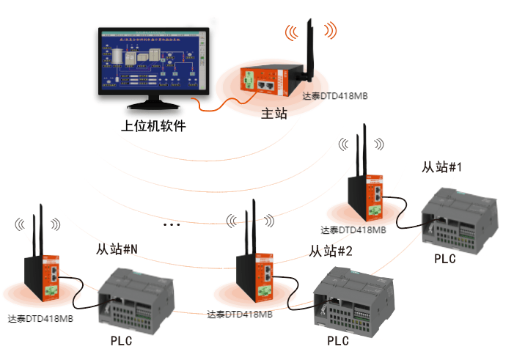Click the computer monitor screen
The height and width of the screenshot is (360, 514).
tap(153, 62)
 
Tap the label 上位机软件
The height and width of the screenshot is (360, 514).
tap(153, 126)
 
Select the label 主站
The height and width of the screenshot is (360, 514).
tap(274, 114)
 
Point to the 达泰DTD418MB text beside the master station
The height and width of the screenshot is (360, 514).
tap(335, 96)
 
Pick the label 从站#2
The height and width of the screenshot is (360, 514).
tap(331, 251)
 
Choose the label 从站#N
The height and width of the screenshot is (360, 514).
tap(117, 250)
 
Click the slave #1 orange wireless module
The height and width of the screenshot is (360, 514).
tap(374, 196)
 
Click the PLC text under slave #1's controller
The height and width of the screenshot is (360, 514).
tap(444, 259)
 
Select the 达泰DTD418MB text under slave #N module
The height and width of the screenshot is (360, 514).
tap(41, 319)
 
